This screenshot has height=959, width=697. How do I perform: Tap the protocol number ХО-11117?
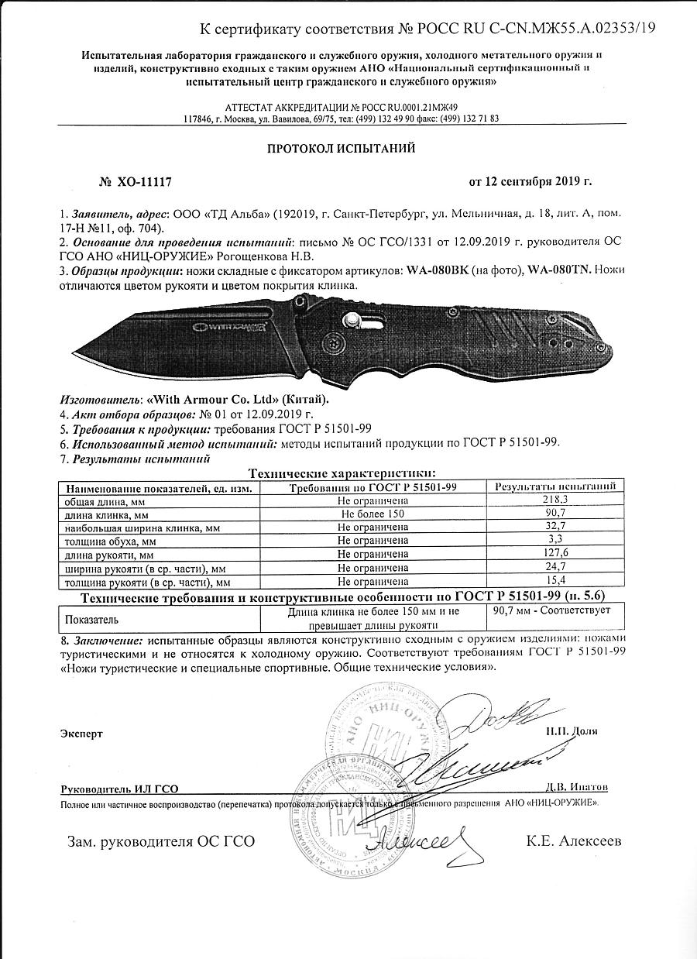(x=142, y=182)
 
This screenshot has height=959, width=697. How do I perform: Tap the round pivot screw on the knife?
(x=334, y=343)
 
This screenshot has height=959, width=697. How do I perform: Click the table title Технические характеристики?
(x=341, y=473)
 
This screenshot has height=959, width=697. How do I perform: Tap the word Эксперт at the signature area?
(x=81, y=733)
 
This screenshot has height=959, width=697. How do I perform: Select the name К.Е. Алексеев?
(x=574, y=841)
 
